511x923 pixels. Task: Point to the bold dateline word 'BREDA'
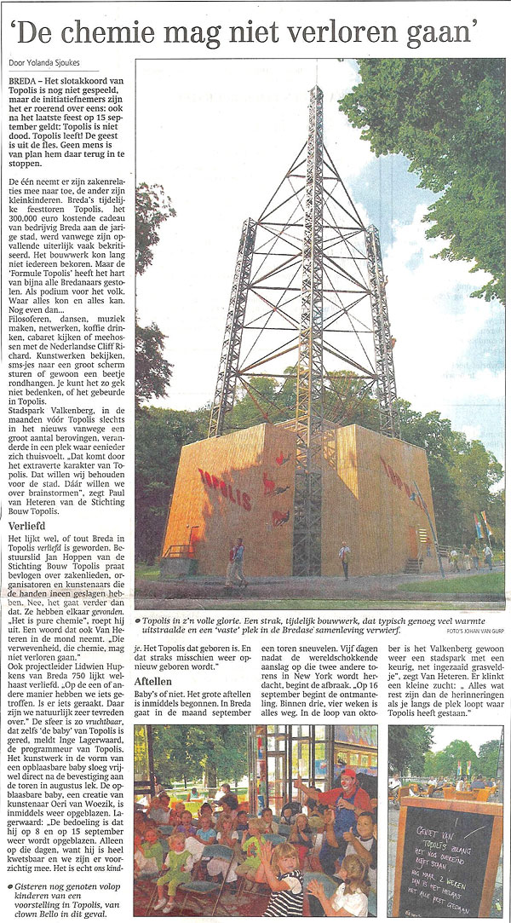(x=24, y=78)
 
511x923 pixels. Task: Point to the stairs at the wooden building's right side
(x=414, y=562)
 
